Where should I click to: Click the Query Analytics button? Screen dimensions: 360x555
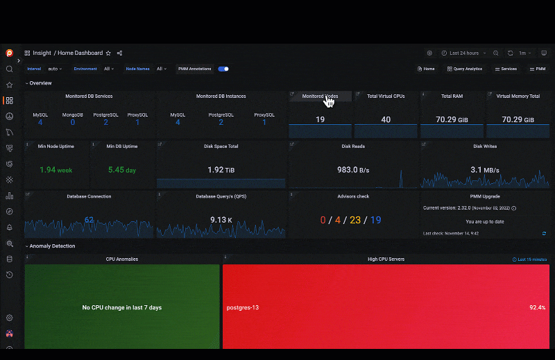coord(465,69)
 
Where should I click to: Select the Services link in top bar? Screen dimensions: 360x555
coord(506,69)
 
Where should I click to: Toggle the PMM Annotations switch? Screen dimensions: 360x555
coord(223,69)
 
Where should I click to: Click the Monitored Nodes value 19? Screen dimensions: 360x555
coord(320,119)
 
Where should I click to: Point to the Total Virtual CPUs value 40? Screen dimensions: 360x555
coord(386,119)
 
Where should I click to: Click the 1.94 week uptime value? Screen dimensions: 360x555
coord(56,169)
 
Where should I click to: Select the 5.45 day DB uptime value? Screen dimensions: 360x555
coord(121,169)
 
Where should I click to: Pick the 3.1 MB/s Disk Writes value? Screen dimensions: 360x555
coord(485,169)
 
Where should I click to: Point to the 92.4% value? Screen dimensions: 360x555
coord(537,307)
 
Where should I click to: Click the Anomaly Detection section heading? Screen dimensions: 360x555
coord(52,246)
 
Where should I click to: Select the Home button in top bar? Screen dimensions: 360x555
coord(426,69)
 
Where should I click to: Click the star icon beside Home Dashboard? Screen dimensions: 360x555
coord(108,53)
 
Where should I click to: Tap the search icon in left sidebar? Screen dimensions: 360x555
coord(10,69)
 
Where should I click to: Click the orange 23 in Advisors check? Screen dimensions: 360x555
coord(355,220)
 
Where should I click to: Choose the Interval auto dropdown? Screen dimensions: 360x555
coord(55,69)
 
